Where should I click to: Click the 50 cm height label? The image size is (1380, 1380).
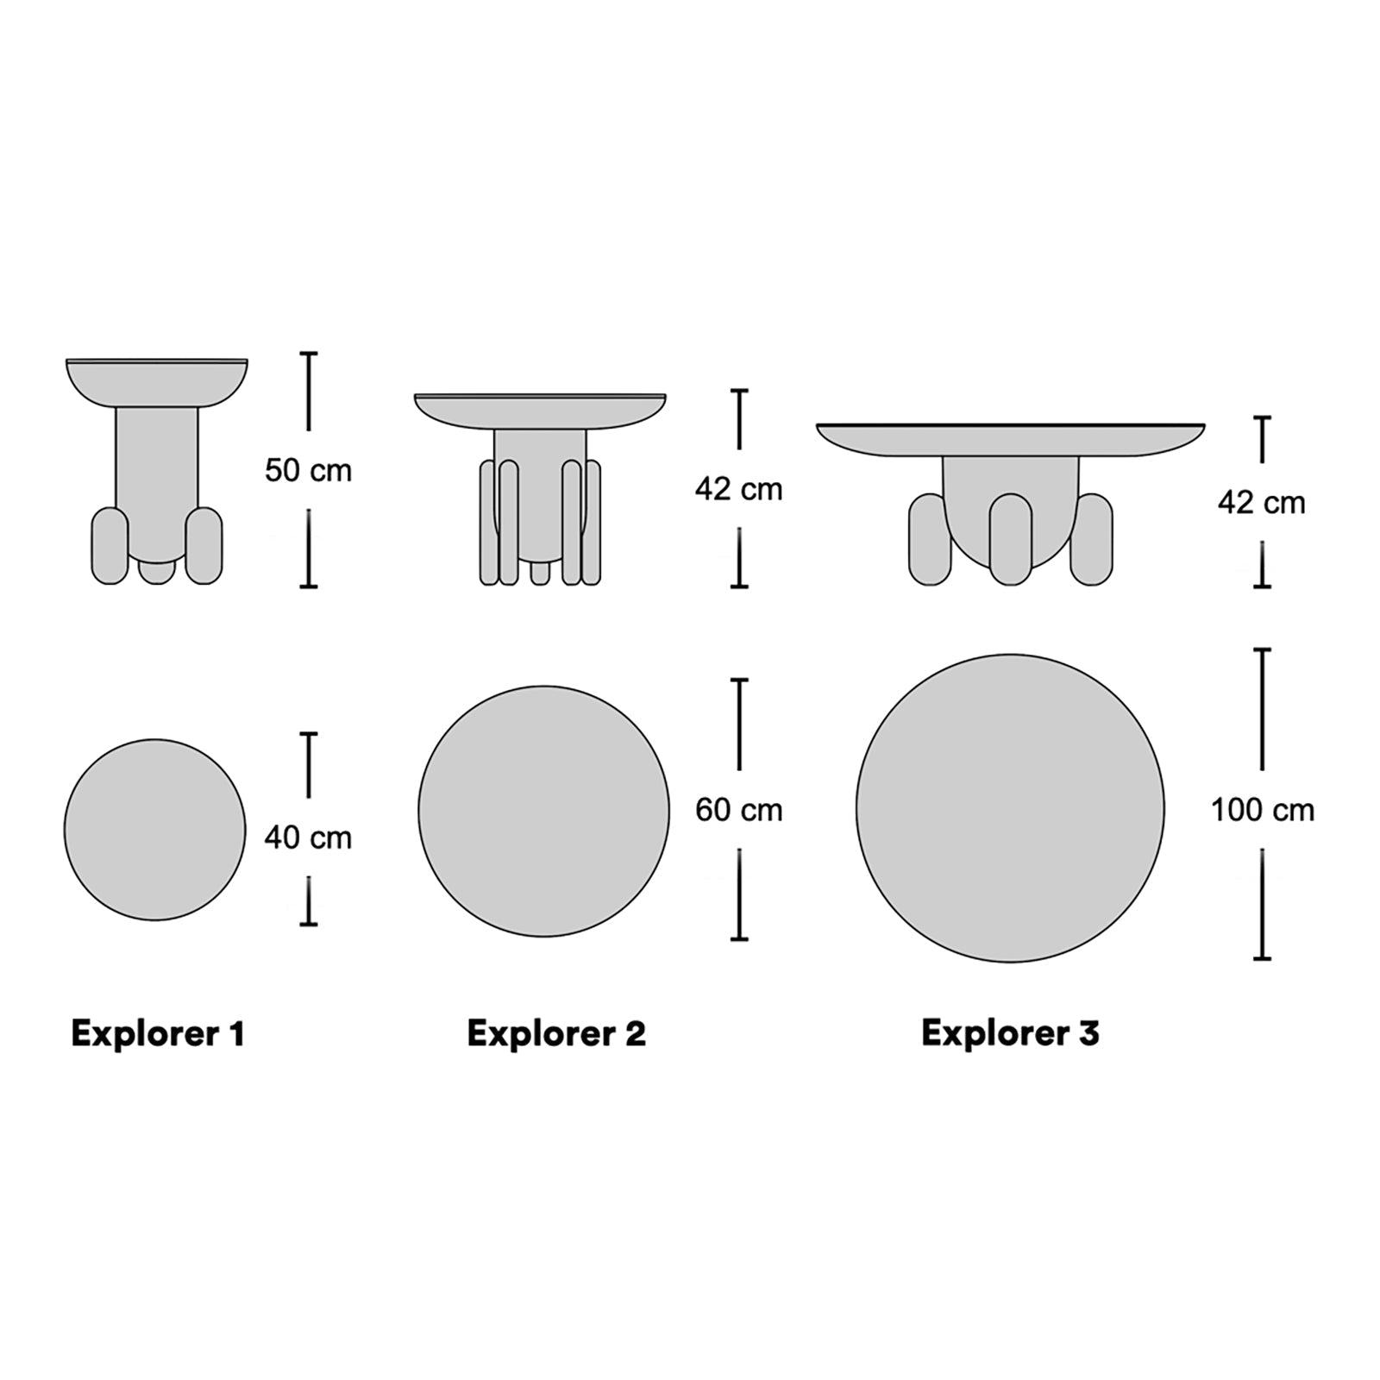tap(308, 471)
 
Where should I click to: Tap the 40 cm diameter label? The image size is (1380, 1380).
tap(308, 837)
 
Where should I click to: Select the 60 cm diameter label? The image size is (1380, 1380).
tap(738, 810)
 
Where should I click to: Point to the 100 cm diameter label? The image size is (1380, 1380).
tap(1262, 810)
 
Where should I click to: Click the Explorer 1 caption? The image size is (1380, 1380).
tap(158, 1033)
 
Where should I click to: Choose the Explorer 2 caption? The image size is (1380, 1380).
tap(556, 1033)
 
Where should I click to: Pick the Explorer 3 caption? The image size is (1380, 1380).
tap(1010, 1032)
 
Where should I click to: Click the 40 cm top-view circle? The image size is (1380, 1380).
tap(155, 830)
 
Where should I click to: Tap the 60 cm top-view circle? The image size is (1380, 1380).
tap(543, 811)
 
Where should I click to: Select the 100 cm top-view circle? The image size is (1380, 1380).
tap(1010, 808)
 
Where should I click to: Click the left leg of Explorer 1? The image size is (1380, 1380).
tap(110, 546)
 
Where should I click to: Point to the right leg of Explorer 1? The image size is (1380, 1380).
tap(204, 546)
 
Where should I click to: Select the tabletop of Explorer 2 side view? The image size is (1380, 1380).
tap(540, 411)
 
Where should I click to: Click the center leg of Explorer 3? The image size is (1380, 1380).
tap(1010, 539)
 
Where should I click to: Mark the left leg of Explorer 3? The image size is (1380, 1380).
tap(929, 540)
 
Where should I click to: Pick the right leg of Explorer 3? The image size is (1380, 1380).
tap(1092, 540)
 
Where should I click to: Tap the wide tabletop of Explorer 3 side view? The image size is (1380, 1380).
tap(1010, 439)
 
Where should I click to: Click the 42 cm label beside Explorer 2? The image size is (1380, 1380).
tap(738, 489)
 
